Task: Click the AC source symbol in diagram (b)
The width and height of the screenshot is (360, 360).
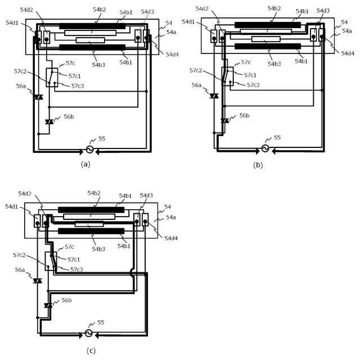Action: coord(264,149)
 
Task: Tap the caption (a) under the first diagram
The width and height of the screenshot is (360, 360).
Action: coord(85,164)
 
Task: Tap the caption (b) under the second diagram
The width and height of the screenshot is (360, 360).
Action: coord(258,164)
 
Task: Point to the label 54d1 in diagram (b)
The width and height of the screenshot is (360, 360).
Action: coord(189,21)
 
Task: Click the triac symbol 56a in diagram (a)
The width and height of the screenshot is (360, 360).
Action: coord(38,97)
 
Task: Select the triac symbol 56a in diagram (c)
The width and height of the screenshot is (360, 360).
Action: coord(38,280)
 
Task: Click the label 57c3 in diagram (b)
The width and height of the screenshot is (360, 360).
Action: coord(254,85)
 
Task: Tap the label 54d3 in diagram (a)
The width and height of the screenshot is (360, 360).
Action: coord(147,12)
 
